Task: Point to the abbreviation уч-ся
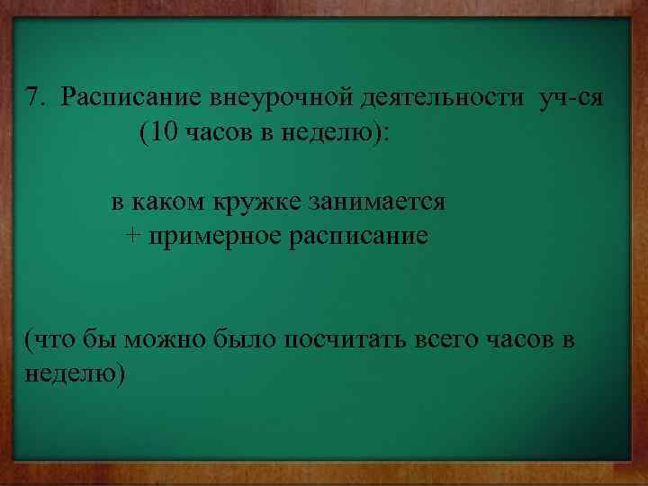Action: click(x=570, y=97)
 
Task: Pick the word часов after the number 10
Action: click(x=213, y=133)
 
